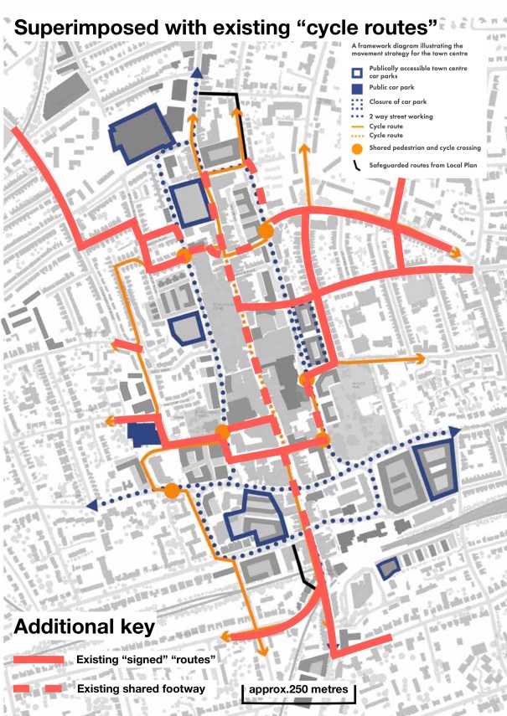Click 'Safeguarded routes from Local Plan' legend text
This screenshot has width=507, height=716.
click(423, 165)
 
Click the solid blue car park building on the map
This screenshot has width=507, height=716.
click(144, 435)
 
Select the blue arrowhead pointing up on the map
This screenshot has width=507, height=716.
click(196, 75)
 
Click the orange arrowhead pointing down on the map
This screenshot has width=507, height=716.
click(262, 651)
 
